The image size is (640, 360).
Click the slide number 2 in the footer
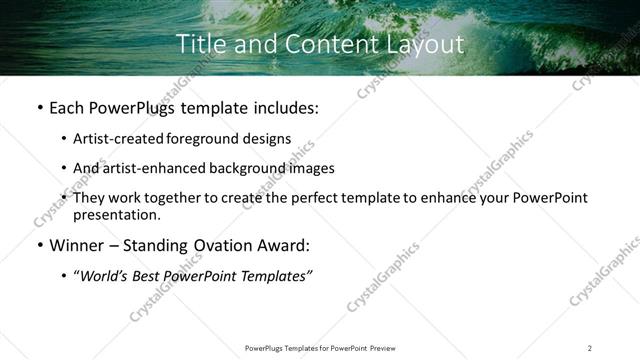(589, 348)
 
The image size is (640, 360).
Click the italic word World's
(105, 275)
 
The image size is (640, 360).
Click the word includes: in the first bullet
(284, 107)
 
